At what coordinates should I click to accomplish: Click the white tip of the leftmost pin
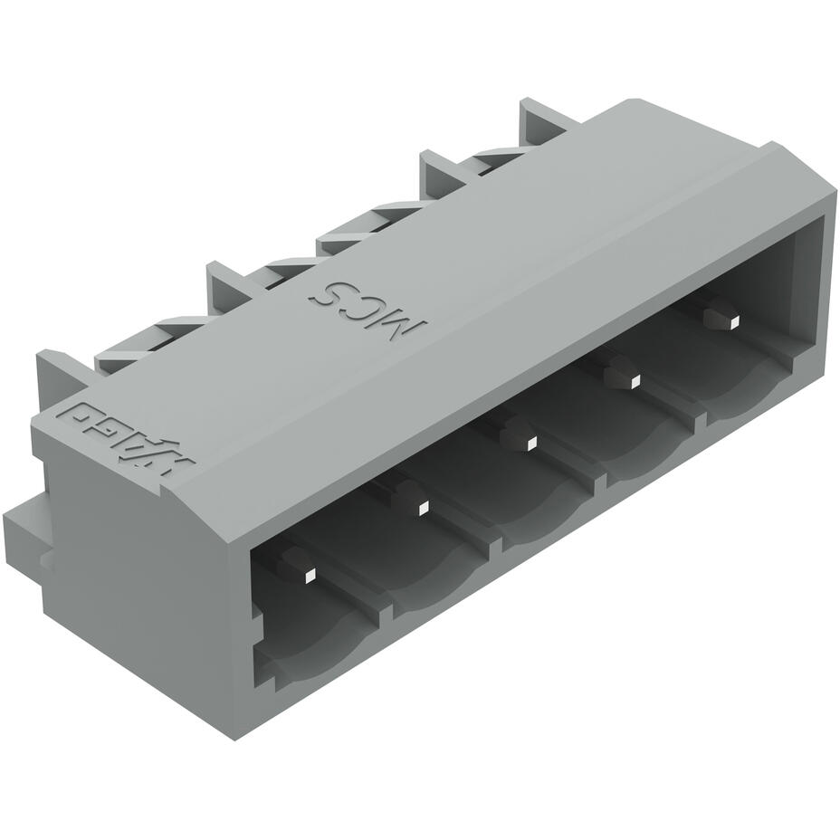[x=309, y=574]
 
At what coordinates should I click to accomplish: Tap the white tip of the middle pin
[x=531, y=444]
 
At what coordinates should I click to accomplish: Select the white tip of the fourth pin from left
[x=635, y=381]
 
